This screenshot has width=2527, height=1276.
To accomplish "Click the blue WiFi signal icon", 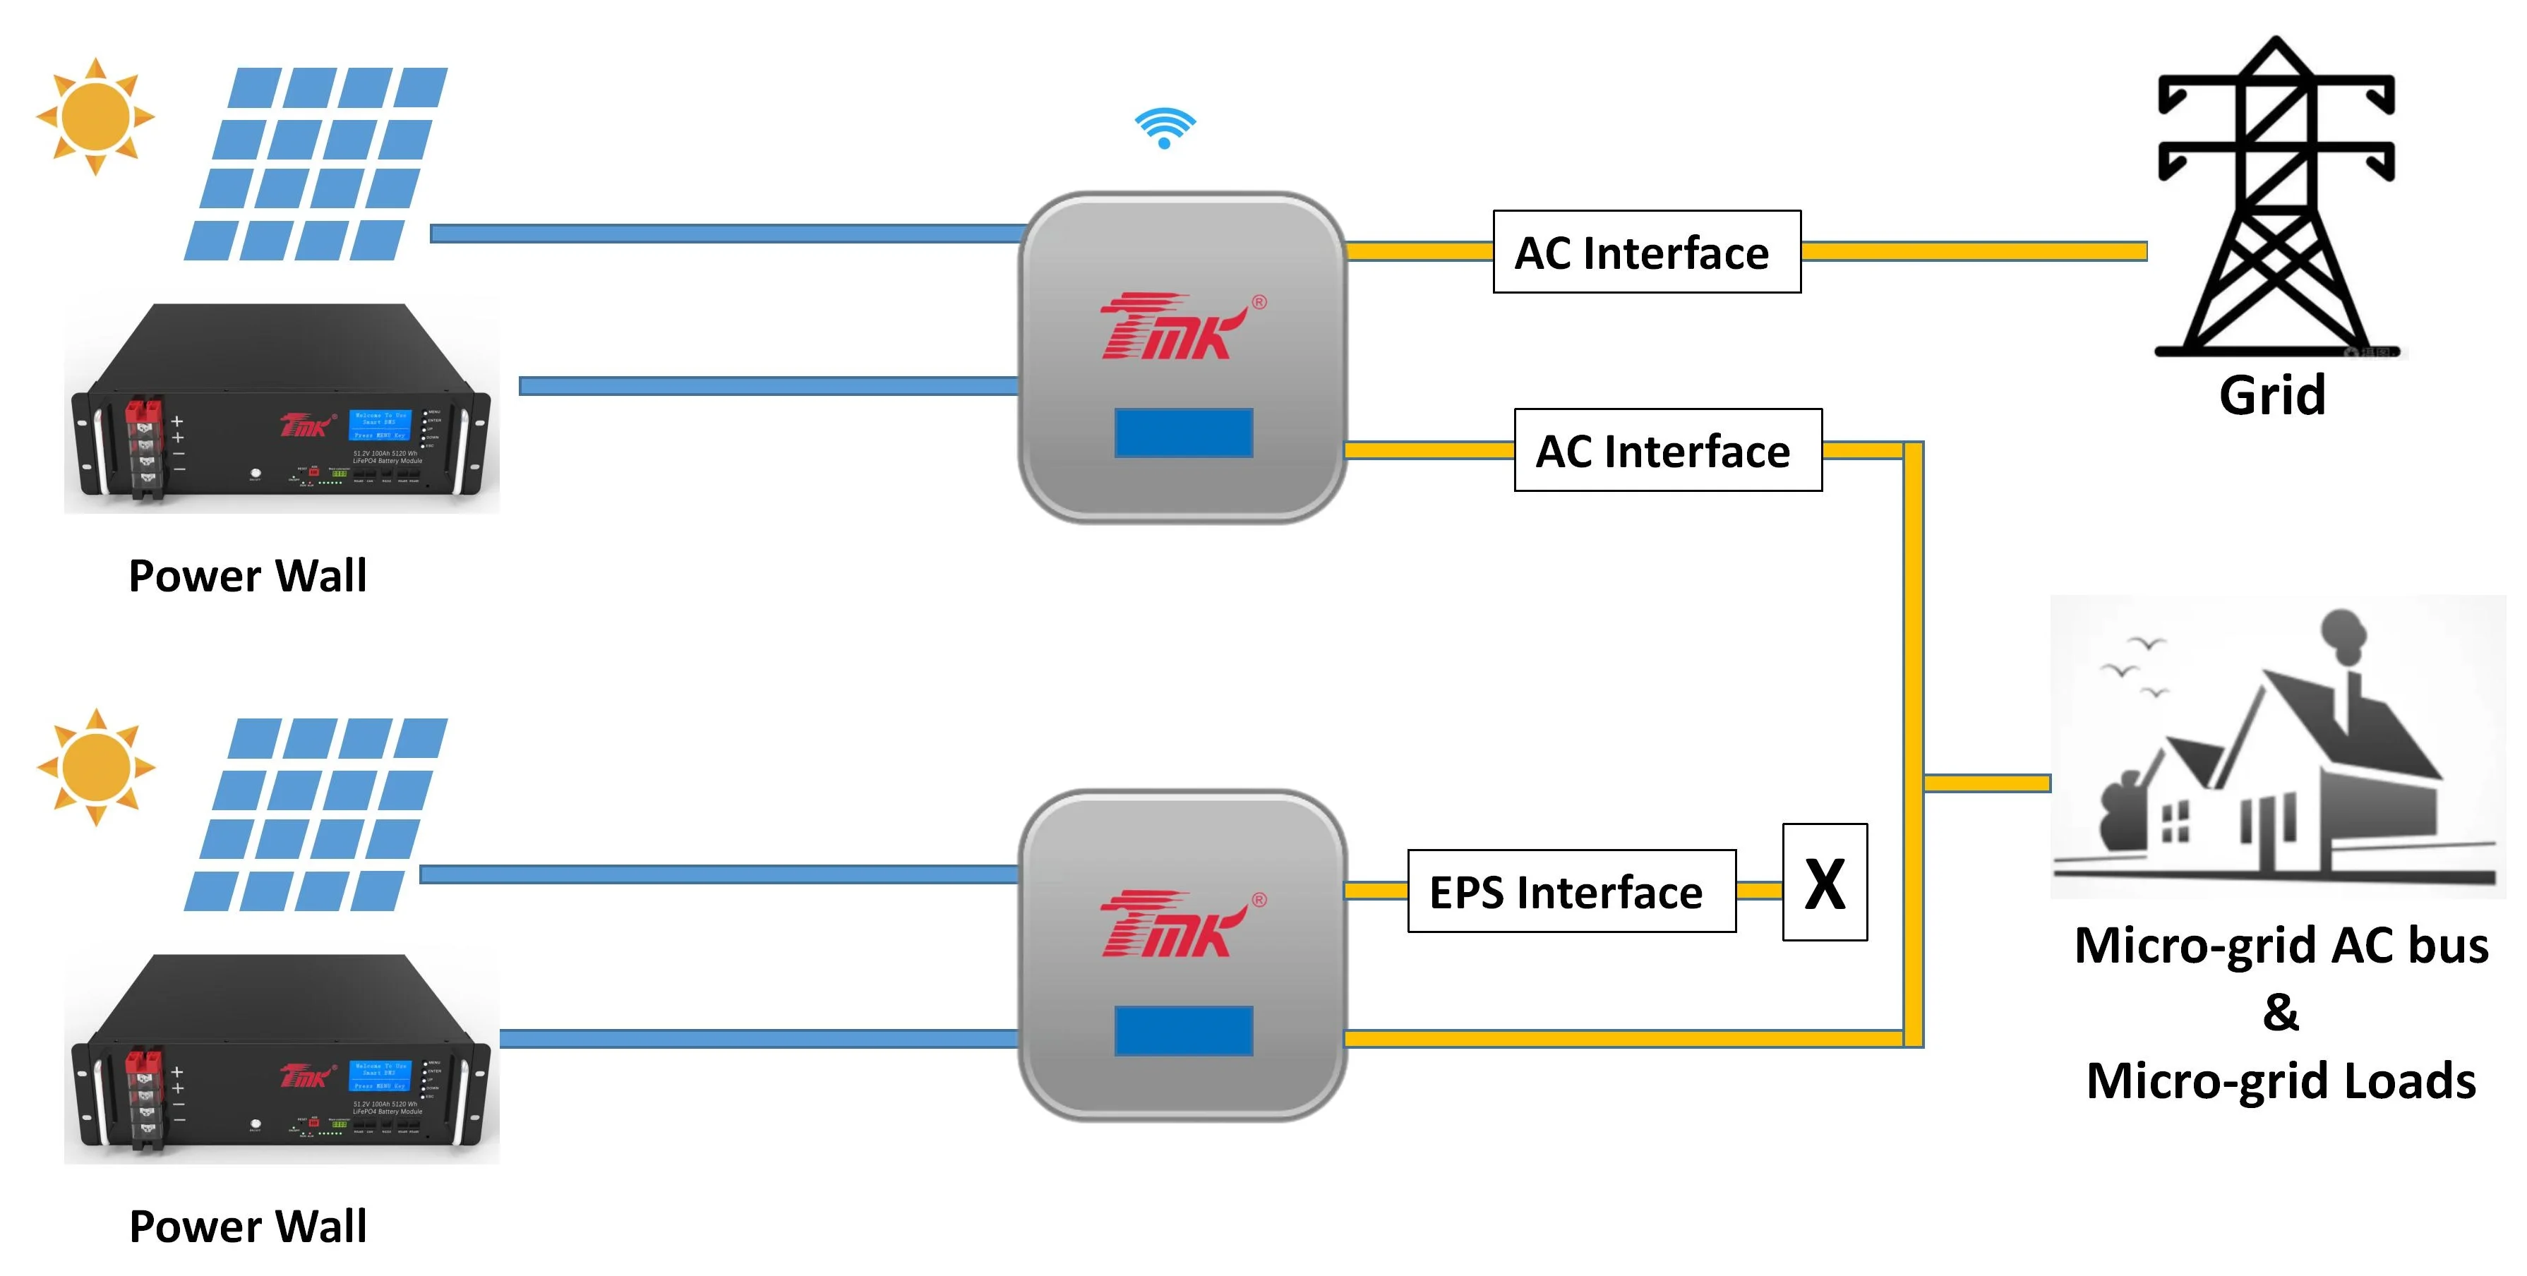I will coord(1165,128).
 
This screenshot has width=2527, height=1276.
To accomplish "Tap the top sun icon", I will coord(95,116).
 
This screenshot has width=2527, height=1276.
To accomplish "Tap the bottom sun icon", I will coord(95,767).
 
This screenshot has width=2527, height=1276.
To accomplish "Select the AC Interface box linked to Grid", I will coord(1646,252).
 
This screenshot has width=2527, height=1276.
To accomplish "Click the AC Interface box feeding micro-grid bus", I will coord(1668,450).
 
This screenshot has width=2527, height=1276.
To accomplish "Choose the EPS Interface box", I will coord(1571,891).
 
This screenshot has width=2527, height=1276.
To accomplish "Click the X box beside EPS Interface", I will coord(1825,883).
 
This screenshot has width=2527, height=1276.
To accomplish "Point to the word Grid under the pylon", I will coord(2272,395).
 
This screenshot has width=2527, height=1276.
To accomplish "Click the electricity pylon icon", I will coord(2276,196).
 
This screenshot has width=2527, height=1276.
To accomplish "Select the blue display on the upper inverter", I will coord(1183,433).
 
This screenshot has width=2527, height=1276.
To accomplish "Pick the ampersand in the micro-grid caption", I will coord(2281,1012).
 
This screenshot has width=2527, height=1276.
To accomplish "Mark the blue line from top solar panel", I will coord(726,234).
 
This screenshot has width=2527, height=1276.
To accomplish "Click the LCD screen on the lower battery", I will coord(380,1076).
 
